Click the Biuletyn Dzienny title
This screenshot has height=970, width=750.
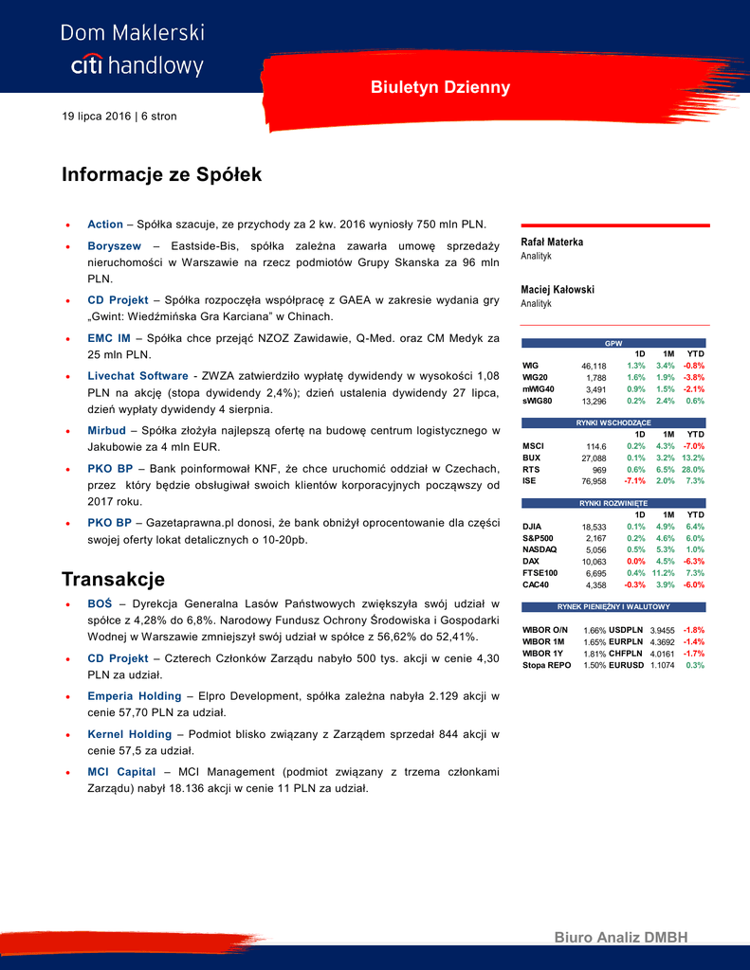(440, 88)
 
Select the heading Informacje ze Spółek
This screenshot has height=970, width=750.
(161, 175)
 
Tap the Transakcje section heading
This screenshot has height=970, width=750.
(113, 579)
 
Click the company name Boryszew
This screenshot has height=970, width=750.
(114, 246)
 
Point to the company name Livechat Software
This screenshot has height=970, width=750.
(137, 376)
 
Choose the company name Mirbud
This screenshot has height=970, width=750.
(106, 431)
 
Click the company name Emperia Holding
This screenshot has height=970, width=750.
(134, 696)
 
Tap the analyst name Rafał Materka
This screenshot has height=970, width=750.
(552, 242)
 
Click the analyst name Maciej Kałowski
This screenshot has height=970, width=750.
(558, 290)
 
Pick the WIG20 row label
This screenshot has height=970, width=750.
(536, 377)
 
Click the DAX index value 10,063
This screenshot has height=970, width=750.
(594, 562)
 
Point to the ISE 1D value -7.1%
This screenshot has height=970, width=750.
(634, 481)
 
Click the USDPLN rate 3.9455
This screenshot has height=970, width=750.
(661, 631)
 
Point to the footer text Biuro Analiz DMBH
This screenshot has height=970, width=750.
(620, 938)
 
